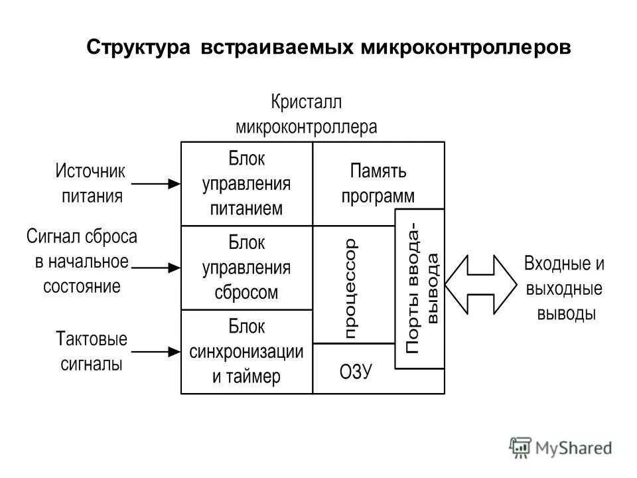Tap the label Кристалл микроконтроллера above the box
[306, 114]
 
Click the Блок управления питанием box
[246, 183]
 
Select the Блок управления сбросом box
[246, 268]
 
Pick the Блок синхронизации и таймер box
[246, 352]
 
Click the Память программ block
[378, 183]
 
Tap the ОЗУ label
[356, 372]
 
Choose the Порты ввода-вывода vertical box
[420, 289]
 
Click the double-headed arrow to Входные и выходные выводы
[480, 283]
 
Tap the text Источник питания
[91, 183]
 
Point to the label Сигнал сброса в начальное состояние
[82, 262]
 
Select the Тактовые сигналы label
[92, 351]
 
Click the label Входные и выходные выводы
[565, 288]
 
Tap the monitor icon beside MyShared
[521, 447]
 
